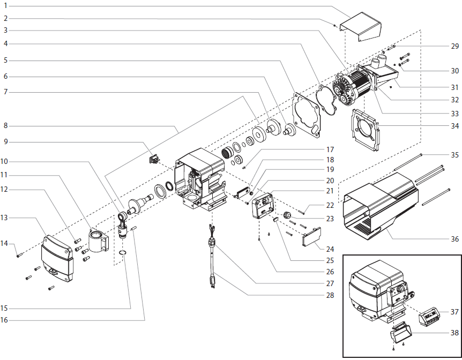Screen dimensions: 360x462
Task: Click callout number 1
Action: (5, 6)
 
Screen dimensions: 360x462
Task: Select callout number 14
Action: (4, 244)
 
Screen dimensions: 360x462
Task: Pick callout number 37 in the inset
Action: (454, 311)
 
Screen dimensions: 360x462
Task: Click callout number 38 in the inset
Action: (454, 333)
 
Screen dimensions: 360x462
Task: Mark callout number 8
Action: (5, 126)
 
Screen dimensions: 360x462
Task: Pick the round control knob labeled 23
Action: (287, 215)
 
